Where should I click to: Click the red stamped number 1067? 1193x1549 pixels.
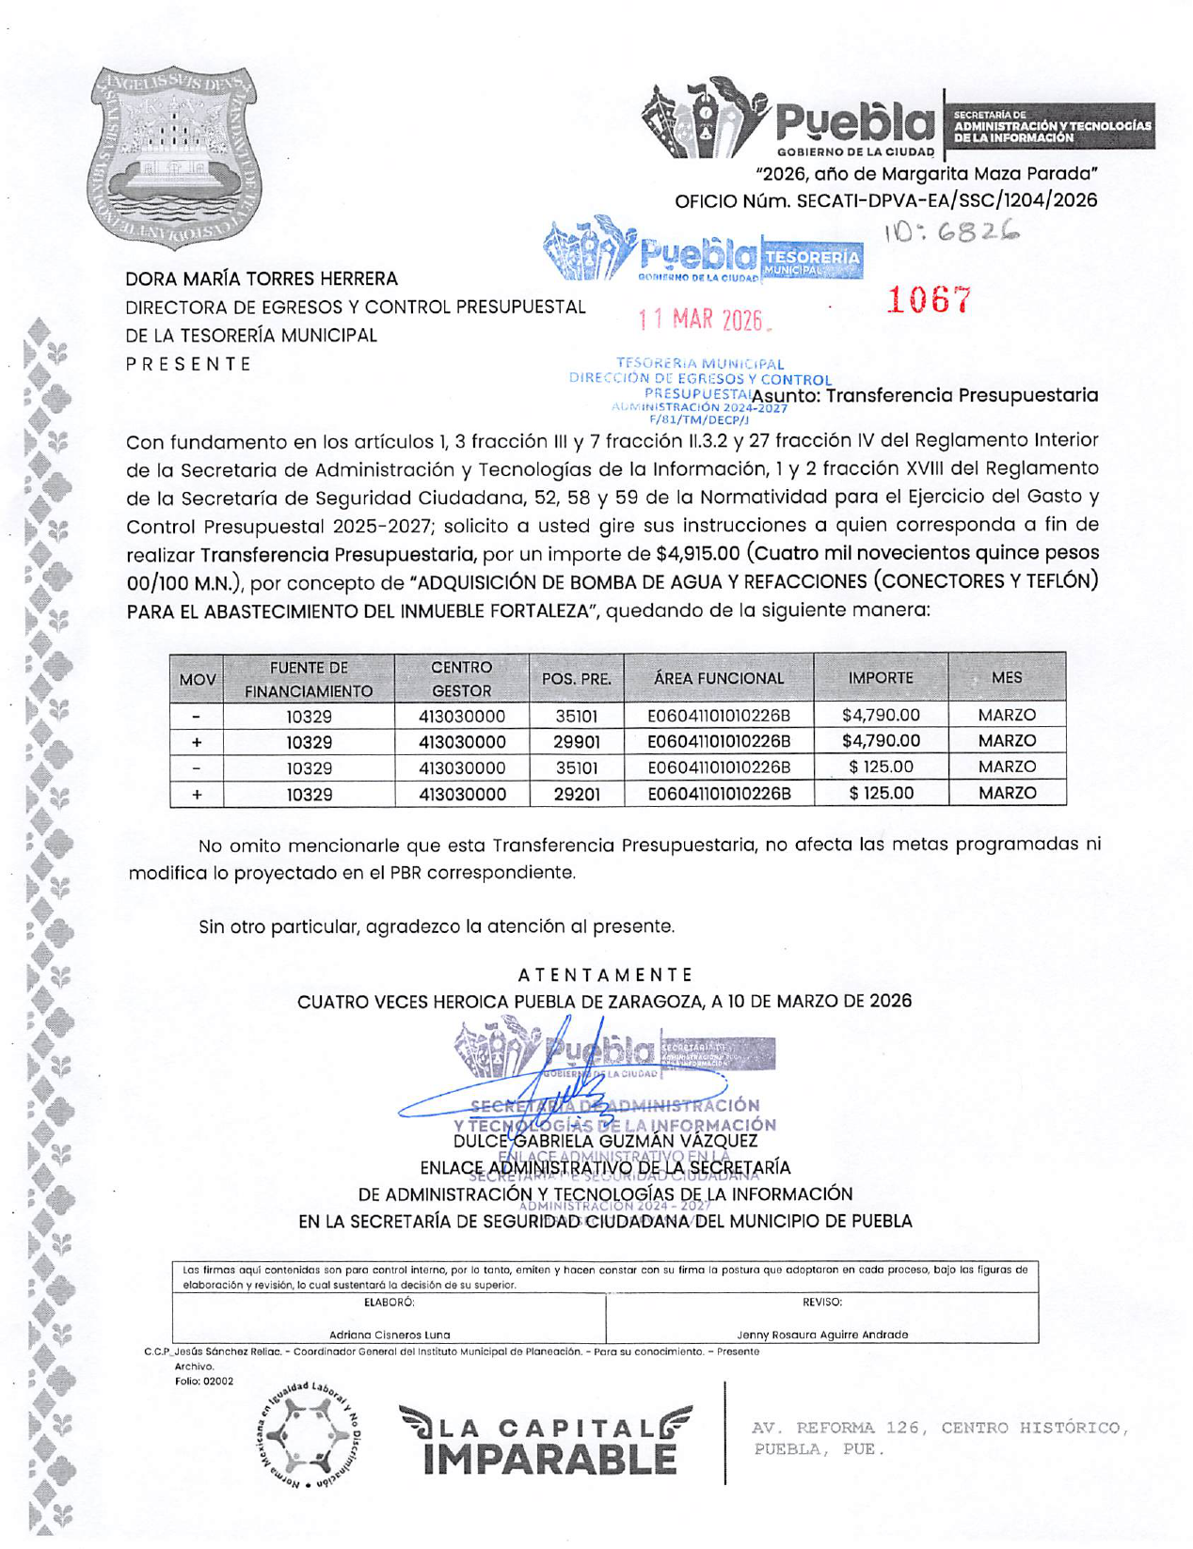coord(928,300)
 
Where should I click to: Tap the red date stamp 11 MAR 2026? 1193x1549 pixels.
coord(701,320)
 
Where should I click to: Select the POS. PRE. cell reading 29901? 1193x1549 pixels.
coord(576,742)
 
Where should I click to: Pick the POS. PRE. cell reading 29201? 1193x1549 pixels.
coord(576,794)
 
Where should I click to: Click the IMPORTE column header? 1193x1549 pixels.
coord(880,678)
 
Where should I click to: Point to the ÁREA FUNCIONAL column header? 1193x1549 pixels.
coord(718,678)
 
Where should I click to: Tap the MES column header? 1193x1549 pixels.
coord(1006,677)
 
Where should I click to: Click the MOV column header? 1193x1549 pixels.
coord(197,679)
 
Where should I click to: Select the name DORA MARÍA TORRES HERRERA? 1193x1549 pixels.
coord(262,279)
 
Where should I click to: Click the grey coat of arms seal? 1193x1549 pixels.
coord(174,157)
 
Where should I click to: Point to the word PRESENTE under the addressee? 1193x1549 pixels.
coord(188,364)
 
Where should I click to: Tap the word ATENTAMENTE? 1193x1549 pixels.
coord(605,974)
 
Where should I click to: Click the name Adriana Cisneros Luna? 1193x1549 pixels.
coord(389,1335)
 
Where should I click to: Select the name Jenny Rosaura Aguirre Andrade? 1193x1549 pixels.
coord(821,1335)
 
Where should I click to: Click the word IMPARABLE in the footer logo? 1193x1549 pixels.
coord(549,1458)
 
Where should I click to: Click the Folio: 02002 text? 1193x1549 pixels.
coord(204,1381)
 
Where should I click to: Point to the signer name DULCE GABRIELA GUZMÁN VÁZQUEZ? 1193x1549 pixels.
coord(605,1141)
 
